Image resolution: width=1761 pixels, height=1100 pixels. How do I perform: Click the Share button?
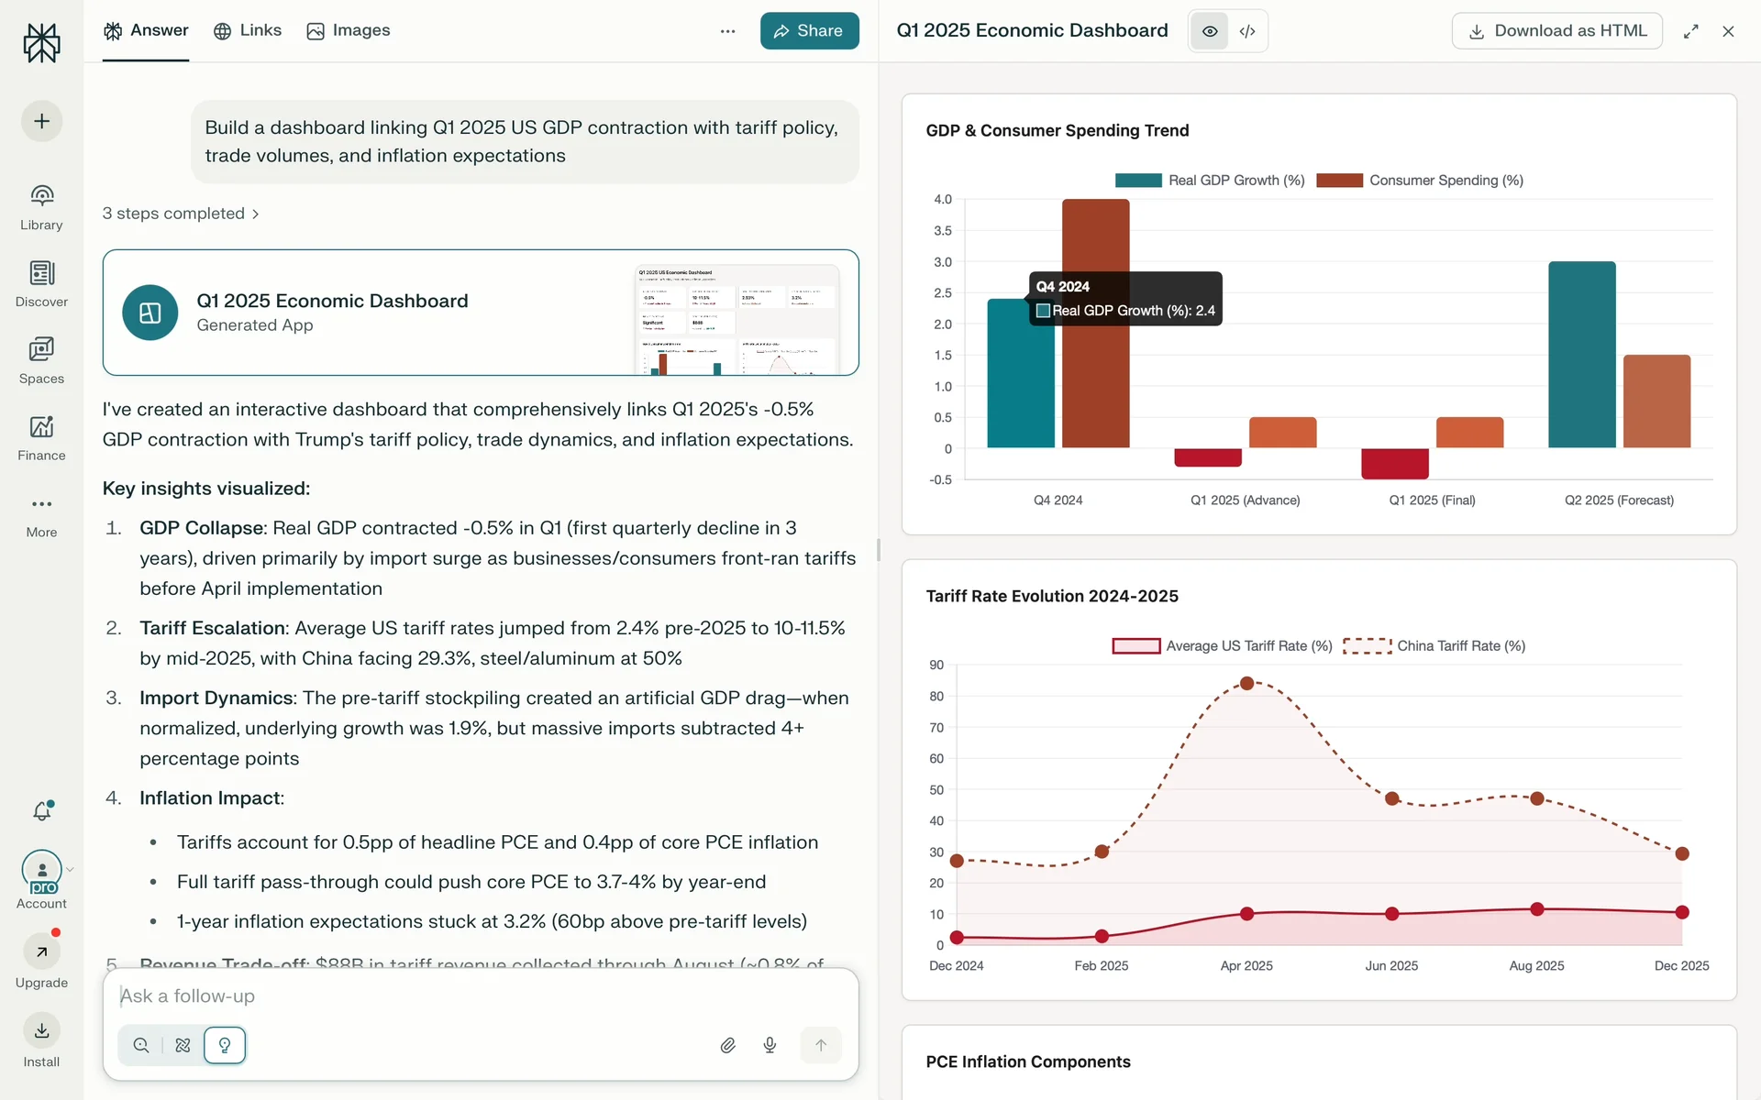[x=809, y=31]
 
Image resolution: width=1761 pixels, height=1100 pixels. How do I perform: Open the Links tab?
[x=248, y=30]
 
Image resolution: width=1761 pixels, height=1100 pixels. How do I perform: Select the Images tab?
[x=349, y=30]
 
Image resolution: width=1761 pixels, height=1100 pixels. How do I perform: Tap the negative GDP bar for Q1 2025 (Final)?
[x=1394, y=464]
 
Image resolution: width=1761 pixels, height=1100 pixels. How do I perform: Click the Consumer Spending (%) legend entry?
[x=1420, y=181]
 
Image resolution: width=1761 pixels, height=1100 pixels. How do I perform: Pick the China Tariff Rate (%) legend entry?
[x=1434, y=646]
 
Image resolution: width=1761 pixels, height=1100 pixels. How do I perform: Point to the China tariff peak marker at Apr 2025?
[x=1246, y=684]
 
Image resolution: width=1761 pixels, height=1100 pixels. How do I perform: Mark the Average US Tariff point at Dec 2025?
[x=1682, y=912]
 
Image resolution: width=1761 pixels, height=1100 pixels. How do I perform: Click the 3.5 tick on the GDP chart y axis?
[x=942, y=231]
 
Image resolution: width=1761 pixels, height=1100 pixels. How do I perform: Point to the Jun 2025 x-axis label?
[x=1391, y=966]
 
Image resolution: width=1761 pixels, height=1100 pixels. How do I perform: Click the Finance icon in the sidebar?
[x=41, y=428]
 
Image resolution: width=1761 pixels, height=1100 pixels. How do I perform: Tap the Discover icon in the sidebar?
[x=41, y=274]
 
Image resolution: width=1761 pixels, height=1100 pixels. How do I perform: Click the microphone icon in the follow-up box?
[x=770, y=1045]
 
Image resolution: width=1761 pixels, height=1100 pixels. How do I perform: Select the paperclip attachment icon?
[x=728, y=1045]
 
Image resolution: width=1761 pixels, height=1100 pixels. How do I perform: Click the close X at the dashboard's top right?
[x=1728, y=31]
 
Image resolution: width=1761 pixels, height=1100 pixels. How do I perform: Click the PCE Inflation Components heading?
[x=1028, y=1061]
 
